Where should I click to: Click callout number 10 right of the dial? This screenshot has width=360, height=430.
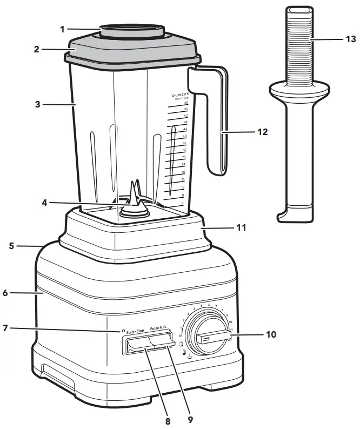270,334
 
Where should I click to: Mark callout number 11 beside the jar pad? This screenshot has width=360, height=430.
242,227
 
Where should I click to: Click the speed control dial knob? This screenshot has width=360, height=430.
208,338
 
